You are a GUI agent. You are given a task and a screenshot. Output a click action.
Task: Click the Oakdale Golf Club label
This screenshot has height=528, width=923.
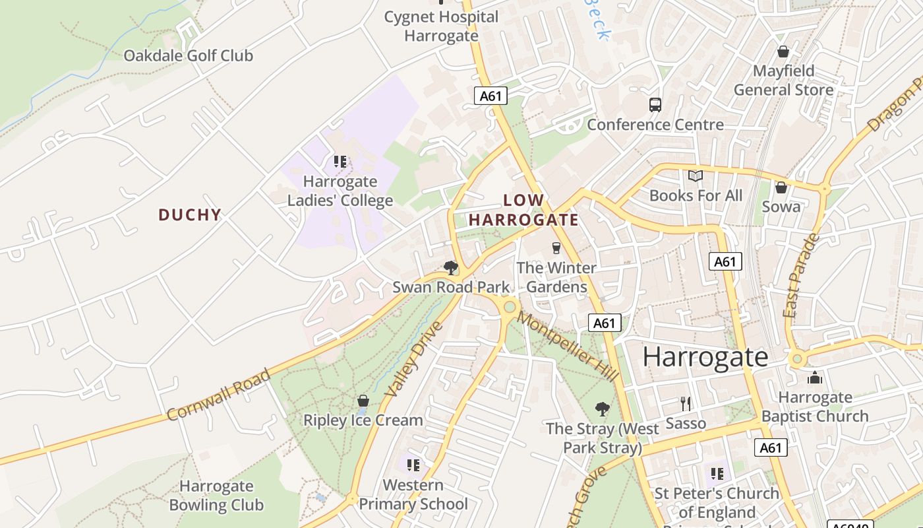click(188, 55)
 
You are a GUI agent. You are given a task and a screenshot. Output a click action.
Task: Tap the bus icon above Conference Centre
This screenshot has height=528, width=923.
click(655, 104)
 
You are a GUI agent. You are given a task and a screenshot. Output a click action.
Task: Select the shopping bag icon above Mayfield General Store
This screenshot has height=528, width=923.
click(783, 51)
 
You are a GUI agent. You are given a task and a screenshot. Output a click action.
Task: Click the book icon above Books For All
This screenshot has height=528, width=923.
click(695, 176)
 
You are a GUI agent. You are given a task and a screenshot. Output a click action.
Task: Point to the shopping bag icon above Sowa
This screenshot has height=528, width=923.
click(781, 187)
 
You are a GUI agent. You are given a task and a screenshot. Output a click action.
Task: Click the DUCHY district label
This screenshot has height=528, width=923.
click(189, 214)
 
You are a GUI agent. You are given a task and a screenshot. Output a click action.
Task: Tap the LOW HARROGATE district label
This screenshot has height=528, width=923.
click(523, 210)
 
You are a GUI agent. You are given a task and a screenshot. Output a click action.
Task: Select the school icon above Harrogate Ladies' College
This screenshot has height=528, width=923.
click(340, 161)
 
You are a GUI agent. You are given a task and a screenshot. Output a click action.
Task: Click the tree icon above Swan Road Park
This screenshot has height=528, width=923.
click(451, 267)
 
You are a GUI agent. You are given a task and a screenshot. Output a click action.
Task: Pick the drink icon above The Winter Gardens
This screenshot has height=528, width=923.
click(556, 248)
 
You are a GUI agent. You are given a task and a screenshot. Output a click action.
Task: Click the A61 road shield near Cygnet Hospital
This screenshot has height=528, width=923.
click(491, 96)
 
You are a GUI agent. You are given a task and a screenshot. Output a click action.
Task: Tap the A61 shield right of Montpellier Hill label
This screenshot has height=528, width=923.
click(605, 323)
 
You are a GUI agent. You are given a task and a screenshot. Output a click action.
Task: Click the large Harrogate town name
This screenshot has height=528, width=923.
click(705, 357)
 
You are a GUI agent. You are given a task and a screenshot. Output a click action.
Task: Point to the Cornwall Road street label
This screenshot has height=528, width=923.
click(218, 395)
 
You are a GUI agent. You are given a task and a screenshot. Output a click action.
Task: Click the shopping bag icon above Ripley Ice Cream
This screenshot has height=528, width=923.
click(363, 401)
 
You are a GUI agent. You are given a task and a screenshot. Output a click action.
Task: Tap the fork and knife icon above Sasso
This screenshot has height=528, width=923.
click(686, 403)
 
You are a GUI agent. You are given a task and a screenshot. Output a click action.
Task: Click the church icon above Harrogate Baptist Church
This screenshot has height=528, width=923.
click(815, 378)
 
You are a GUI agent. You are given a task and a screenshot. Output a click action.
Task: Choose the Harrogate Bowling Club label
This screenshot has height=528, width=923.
click(216, 496)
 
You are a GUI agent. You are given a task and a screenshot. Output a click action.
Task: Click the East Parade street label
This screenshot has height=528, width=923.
click(800, 276)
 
